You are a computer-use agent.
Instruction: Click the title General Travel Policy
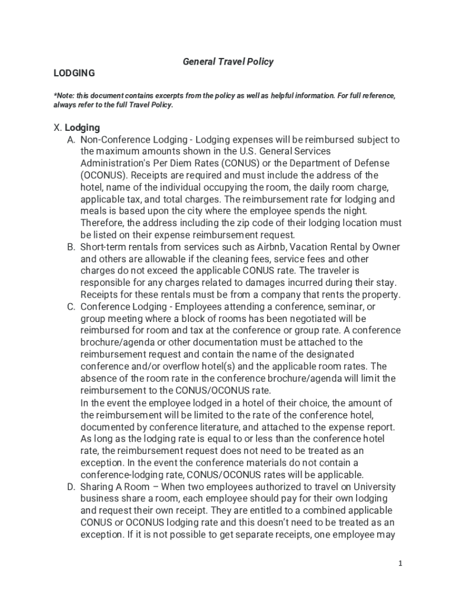coord(228,62)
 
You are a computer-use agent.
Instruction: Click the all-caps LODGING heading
coord(75,73)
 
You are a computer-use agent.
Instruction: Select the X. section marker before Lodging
coord(57,127)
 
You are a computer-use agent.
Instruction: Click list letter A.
coord(71,140)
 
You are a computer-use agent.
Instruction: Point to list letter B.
coord(71,247)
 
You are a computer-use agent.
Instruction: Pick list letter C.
coord(71,307)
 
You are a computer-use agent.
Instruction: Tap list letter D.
coord(71,486)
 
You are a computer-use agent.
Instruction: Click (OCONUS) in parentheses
coord(102,175)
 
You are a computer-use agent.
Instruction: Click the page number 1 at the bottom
coord(400,563)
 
